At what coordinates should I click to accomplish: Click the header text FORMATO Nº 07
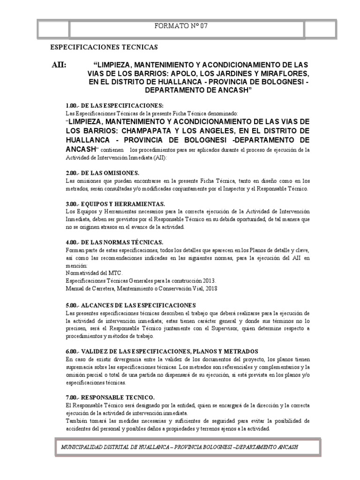pos(180,26)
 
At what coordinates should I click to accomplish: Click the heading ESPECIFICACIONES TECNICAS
pos(104,47)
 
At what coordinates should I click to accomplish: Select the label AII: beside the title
pos(59,65)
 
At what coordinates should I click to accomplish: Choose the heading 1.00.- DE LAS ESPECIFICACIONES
pos(114,105)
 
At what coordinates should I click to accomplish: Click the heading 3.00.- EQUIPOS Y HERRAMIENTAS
pos(115,204)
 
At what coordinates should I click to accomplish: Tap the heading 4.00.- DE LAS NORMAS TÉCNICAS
pos(114,242)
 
